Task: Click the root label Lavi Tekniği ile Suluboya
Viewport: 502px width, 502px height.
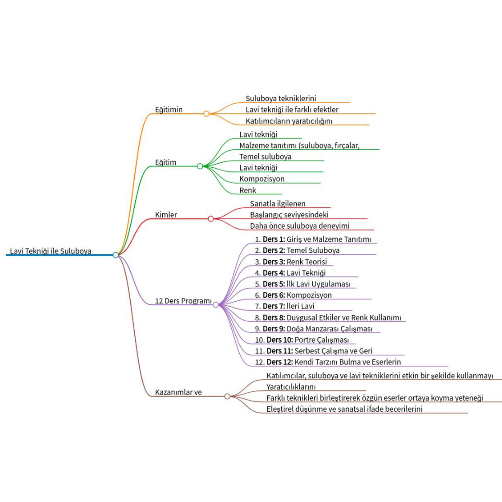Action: (51, 251)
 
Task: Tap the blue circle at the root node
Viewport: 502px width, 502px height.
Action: (116, 255)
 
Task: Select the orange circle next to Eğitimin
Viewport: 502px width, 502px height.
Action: (206, 113)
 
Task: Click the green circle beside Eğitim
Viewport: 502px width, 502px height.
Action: (200, 166)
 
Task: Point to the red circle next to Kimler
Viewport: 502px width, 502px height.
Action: (211, 218)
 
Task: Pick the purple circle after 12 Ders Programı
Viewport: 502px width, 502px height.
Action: (216, 304)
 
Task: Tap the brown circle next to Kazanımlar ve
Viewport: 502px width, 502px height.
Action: (227, 396)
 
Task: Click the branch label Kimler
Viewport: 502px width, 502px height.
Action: (166, 215)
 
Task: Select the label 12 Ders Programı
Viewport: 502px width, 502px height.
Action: (183, 301)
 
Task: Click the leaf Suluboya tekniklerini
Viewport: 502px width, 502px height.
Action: (281, 99)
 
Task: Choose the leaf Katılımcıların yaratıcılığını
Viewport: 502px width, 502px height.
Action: (289, 121)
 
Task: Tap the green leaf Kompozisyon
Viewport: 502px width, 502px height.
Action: (262, 179)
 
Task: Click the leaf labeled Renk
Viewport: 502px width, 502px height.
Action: (248, 190)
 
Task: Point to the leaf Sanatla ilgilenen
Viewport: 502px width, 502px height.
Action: (277, 204)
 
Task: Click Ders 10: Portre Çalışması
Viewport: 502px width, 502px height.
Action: (302, 340)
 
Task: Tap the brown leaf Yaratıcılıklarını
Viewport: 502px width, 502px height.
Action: (291, 387)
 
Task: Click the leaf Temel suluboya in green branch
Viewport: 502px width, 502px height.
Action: (265, 157)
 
